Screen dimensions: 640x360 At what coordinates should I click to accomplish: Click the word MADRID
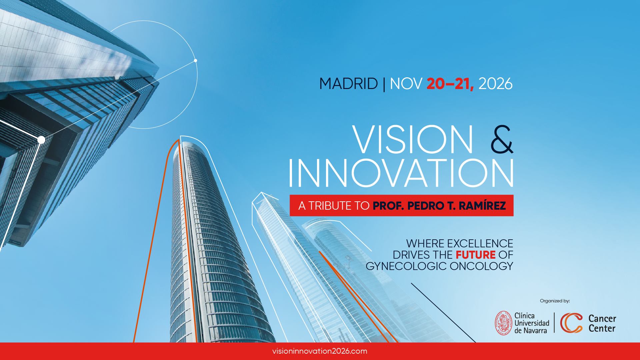348,84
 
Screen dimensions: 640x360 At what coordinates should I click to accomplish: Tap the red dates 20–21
450,84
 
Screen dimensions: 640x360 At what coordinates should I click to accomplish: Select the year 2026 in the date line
495,84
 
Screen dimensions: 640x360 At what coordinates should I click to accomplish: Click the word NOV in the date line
406,84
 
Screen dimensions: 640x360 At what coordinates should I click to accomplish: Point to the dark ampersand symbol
502,139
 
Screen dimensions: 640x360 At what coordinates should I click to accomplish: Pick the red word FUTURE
475,255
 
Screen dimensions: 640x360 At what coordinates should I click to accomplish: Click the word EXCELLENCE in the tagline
480,243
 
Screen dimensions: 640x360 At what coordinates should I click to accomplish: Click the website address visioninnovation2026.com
320,351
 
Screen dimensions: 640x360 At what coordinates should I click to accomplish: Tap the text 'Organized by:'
555,301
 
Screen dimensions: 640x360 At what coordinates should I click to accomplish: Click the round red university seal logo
503,323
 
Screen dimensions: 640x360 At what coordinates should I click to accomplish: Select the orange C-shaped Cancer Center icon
571,323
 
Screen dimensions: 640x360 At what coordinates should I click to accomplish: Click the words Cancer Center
602,323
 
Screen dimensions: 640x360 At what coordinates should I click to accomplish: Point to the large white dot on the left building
41,140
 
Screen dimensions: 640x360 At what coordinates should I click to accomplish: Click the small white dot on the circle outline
196,61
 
